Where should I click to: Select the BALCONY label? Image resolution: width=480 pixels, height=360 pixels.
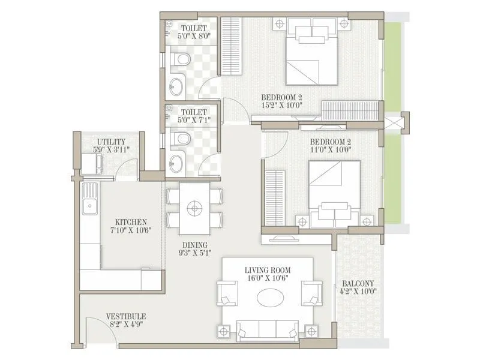pyautogui.click(x=358, y=284)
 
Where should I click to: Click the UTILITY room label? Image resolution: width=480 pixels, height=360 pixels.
pyautogui.click(x=110, y=142)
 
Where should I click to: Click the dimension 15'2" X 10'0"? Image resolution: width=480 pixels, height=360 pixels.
pyautogui.click(x=281, y=105)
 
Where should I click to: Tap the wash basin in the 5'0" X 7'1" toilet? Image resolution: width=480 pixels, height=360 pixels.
pyautogui.click(x=177, y=163)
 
